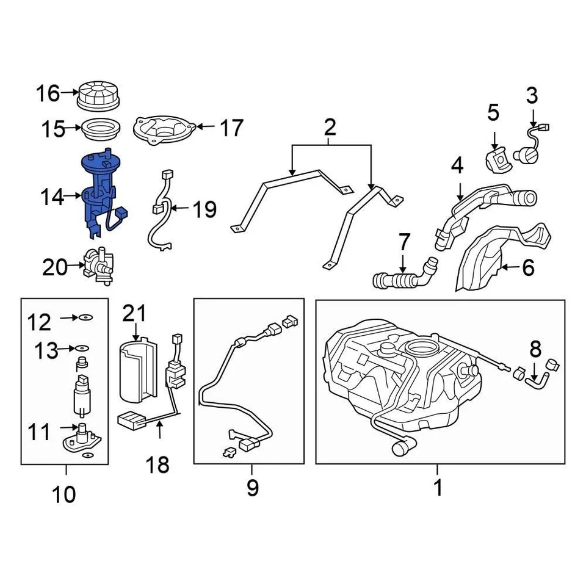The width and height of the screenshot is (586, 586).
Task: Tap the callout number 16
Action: tap(48, 93)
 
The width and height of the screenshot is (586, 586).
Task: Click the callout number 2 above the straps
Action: tap(330, 128)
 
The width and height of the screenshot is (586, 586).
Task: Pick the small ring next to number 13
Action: tap(82, 348)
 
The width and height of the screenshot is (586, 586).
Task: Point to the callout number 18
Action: tap(157, 465)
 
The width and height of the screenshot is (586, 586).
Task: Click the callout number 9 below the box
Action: tap(251, 488)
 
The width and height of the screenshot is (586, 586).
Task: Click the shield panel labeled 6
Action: tap(482, 259)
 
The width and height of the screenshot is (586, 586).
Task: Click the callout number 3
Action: tap(532, 96)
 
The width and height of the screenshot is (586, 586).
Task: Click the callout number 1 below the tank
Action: tap(437, 488)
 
